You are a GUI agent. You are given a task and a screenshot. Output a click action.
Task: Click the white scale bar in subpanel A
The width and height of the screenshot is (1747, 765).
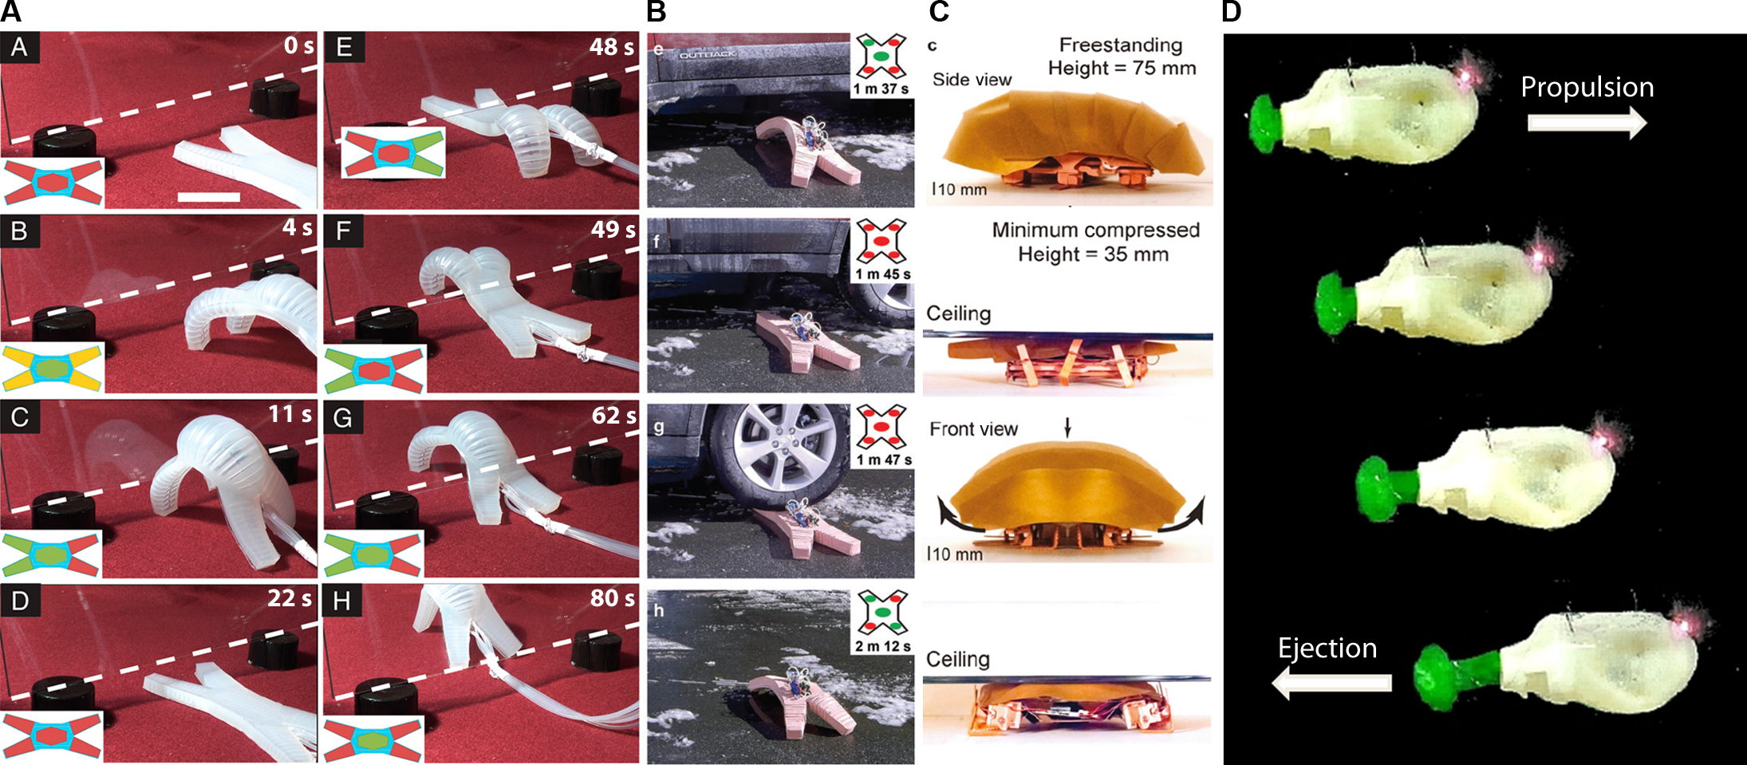[208, 196]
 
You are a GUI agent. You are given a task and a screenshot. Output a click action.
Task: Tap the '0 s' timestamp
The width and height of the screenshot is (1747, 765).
[298, 45]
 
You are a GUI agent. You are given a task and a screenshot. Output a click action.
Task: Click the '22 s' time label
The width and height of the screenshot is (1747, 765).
[290, 597]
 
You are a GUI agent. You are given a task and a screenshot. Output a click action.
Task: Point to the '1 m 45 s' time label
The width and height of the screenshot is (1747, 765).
[882, 274]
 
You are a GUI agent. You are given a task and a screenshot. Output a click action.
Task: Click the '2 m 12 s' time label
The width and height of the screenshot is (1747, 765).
[882, 646]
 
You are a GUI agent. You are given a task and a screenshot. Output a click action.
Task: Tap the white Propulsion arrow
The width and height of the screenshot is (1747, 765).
[1587, 122]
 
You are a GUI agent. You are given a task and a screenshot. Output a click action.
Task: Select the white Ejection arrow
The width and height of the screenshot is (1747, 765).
[1331, 683]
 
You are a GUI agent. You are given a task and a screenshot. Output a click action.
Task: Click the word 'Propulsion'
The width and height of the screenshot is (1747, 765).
[1587, 87]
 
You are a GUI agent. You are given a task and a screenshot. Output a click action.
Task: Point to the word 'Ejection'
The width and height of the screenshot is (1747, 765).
[1327, 649]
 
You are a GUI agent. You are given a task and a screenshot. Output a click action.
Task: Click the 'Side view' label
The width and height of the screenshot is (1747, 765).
[972, 80]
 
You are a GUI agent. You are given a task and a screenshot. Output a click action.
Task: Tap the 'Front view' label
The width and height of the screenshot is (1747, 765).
[973, 429]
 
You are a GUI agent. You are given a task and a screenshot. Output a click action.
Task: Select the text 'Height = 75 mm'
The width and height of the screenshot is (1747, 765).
[1122, 69]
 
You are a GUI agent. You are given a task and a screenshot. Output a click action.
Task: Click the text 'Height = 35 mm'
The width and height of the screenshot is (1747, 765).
[1093, 254]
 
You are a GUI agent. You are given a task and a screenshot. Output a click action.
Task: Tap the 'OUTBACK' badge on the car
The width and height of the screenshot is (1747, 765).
[708, 54]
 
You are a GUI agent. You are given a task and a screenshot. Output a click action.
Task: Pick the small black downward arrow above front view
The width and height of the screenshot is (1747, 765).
[1067, 428]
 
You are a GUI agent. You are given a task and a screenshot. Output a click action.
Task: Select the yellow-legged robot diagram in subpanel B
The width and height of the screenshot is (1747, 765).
[53, 368]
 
